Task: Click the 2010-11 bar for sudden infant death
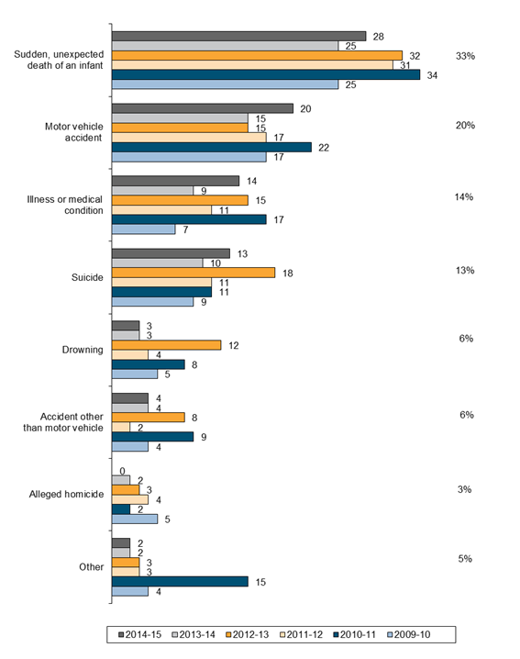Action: point(266,75)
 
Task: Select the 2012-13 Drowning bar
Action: point(166,345)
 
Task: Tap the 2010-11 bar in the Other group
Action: point(180,582)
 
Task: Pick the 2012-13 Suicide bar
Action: point(194,273)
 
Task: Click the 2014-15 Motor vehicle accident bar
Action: point(203,108)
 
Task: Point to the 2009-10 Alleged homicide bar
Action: point(135,519)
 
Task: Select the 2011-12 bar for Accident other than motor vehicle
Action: point(121,428)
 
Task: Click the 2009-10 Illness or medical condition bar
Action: point(144,229)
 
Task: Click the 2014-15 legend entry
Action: point(140,634)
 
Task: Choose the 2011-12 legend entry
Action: point(301,634)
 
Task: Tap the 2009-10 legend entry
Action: point(409,634)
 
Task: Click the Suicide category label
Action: point(87,277)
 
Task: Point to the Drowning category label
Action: point(83,350)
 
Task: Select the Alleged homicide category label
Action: point(66,494)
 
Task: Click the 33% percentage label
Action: point(465,56)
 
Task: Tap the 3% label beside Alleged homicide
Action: point(465,489)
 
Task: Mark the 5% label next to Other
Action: point(465,559)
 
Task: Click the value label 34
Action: point(432,75)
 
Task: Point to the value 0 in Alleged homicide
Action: point(122,471)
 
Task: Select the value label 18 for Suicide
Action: point(288,274)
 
